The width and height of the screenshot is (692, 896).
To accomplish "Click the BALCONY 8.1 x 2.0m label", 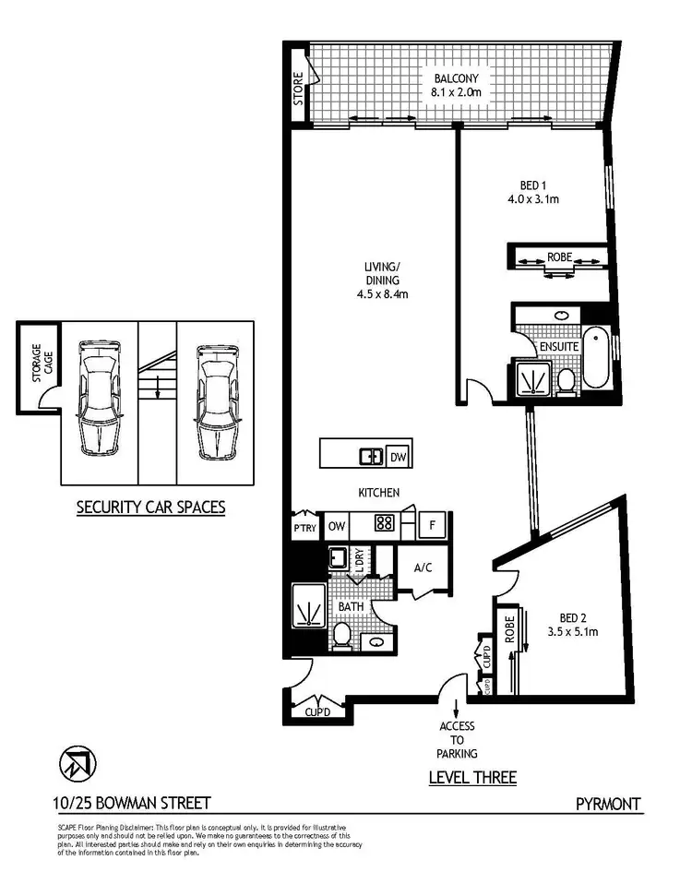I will point(457,85).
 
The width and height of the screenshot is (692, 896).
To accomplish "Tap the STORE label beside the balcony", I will point(298,89).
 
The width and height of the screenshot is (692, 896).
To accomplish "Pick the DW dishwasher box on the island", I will point(398,456).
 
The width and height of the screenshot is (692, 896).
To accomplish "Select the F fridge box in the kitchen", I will point(432,526).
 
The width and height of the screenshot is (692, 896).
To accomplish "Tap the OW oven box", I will point(337,526).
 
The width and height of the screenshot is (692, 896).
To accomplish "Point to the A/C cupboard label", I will point(424,567).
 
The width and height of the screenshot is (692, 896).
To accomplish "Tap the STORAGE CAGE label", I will point(37,364).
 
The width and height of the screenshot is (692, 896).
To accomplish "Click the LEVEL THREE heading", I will point(472,778).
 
